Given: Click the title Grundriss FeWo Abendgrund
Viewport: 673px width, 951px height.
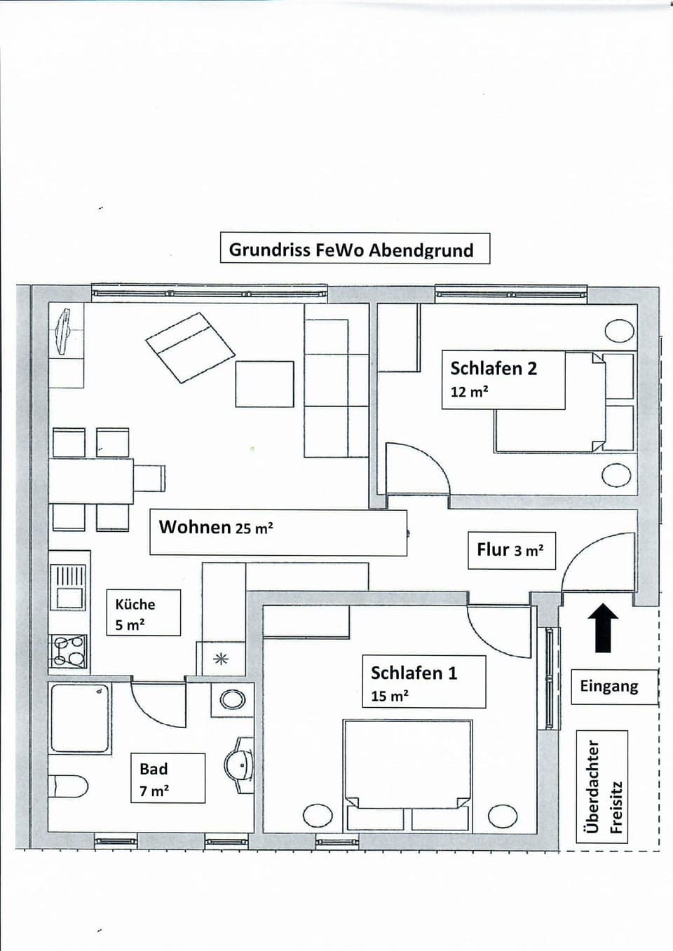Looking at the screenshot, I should pos(354,249).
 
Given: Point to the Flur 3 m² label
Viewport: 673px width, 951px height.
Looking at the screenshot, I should pos(511,550).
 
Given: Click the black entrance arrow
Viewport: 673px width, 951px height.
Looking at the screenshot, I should pos(603,627).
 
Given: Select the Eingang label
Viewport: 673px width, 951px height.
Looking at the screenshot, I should pos(609,686).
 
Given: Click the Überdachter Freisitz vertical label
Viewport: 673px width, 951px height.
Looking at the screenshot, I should pos(601,786).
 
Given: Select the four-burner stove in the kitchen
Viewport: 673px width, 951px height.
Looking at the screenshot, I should pos(69,650).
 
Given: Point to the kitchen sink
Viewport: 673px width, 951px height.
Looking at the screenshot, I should pos(69,587).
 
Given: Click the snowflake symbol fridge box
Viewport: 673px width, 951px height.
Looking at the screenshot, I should pos(222,658).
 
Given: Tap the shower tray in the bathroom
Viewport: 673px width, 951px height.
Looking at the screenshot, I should pos(79,718).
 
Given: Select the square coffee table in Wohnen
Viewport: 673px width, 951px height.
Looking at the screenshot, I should pos(264,383).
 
